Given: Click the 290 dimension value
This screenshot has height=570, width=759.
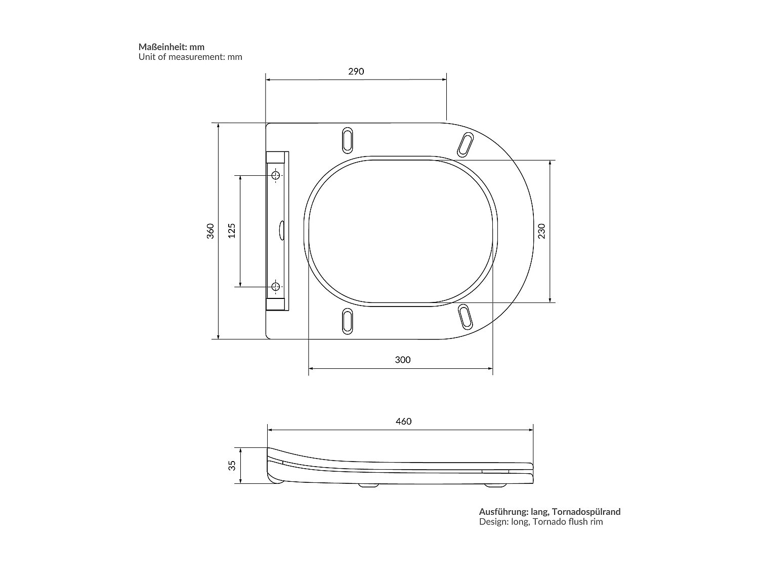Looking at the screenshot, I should pyautogui.click(x=356, y=71).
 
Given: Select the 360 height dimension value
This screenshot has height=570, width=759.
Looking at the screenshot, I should pyautogui.click(x=210, y=231).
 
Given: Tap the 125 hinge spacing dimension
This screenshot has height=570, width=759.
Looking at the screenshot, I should pyautogui.click(x=232, y=231).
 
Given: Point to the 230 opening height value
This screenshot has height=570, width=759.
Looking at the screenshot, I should pyautogui.click(x=541, y=231).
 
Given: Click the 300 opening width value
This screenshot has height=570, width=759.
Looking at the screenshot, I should pyautogui.click(x=402, y=360).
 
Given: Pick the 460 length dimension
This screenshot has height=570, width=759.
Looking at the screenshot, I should pyautogui.click(x=403, y=422).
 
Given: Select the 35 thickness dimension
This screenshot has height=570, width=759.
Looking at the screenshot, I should pyautogui.click(x=232, y=465).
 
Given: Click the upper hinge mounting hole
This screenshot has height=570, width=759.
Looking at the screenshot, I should pyautogui.click(x=276, y=175).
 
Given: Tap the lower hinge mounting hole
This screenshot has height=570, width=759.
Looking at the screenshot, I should pyautogui.click(x=276, y=287).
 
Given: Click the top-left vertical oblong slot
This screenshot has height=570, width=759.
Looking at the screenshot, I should pyautogui.click(x=348, y=139).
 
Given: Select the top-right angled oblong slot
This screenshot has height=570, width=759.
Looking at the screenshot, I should pyautogui.click(x=466, y=144).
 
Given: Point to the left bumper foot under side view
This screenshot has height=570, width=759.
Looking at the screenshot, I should pyautogui.click(x=368, y=485).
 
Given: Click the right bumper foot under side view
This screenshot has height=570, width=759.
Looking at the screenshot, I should pyautogui.click(x=495, y=485).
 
